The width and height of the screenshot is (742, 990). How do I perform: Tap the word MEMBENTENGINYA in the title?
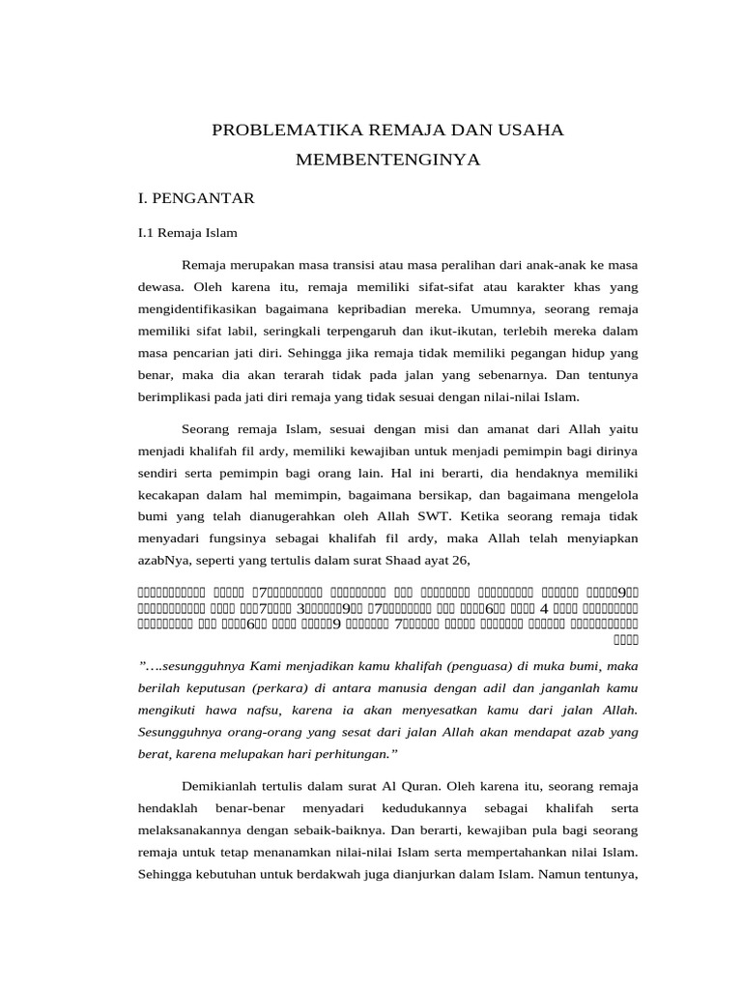387,160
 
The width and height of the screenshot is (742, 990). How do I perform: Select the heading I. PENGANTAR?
196,198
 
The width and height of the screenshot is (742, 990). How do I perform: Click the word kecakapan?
169,495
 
